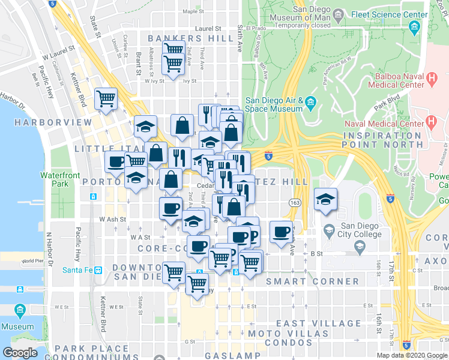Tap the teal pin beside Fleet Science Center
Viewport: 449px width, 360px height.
[414, 28]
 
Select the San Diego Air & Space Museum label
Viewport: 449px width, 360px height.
[273, 105]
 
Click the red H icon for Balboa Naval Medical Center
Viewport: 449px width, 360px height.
[431, 78]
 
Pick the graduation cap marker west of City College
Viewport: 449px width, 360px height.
[325, 200]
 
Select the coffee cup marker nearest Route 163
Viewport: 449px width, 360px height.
[281, 231]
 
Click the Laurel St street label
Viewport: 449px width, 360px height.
[210, 28]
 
